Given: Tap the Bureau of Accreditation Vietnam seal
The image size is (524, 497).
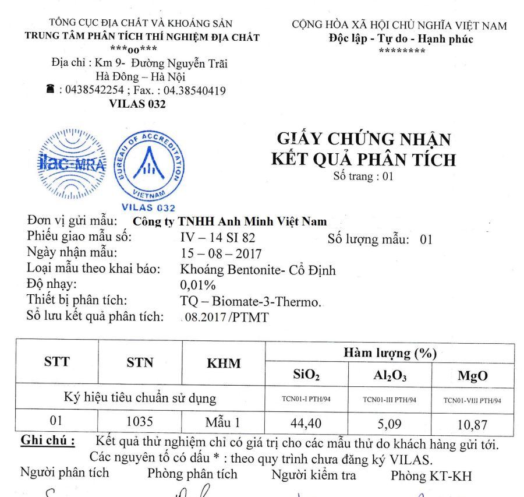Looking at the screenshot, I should pos(148,165).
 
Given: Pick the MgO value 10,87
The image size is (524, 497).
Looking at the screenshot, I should pos(472,424).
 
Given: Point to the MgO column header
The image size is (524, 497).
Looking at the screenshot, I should pos(472,376).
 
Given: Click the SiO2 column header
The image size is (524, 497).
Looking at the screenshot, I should pos(306,375).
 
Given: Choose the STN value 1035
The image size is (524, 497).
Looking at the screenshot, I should pos(140,421).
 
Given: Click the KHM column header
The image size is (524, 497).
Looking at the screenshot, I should pos(224,363).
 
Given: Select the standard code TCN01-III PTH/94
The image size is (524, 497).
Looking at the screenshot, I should pos(389,400).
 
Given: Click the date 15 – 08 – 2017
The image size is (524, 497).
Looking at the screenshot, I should pos(221,254).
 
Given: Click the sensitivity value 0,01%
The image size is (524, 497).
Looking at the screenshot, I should pos(198,285).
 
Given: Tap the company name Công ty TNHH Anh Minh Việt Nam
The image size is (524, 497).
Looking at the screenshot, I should pos(230,221).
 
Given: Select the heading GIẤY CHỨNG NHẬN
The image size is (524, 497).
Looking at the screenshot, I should pos(363,139).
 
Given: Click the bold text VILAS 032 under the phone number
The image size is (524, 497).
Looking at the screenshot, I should pos(137,104).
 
